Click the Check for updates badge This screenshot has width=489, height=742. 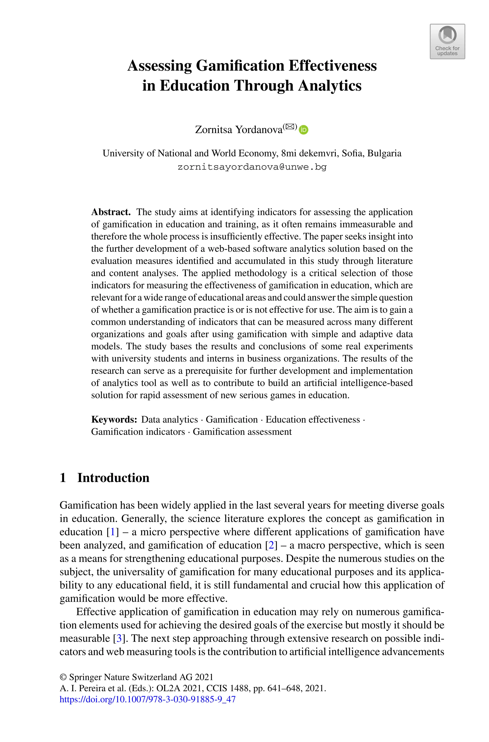(447, 42)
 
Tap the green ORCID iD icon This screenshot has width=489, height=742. (303, 130)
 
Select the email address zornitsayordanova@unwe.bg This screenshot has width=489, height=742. (252, 167)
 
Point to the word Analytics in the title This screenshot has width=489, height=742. (330, 86)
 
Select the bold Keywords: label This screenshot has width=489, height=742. (114, 419)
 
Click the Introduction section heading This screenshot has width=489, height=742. (113, 478)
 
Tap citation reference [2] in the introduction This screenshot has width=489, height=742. (271, 545)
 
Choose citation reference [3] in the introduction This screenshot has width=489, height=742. (119, 639)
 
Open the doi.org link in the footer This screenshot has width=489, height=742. (148, 699)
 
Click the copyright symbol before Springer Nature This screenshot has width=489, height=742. (63, 677)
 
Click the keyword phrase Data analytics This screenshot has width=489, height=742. (169, 419)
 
